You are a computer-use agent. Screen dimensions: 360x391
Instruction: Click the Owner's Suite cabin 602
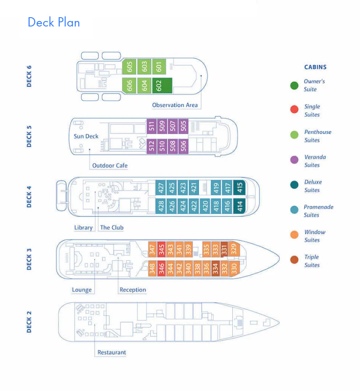point(162,86)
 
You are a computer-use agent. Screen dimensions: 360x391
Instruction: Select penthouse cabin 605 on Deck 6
point(129,67)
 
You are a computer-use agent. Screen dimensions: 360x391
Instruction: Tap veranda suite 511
point(151,126)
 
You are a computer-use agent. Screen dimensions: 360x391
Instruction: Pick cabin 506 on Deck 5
point(184,146)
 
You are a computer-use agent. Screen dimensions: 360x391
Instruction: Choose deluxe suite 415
point(239,187)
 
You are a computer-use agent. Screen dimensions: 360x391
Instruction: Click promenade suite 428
point(161,206)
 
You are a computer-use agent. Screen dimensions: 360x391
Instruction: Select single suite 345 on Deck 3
point(161,249)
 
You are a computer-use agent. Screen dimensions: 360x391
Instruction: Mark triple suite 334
point(215,268)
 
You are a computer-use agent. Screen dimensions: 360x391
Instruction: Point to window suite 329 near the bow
point(234,249)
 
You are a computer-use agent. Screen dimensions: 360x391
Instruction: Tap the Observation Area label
point(175,105)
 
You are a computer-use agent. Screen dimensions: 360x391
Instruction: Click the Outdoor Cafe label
point(110,165)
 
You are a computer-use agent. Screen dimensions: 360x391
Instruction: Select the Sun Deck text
point(86,136)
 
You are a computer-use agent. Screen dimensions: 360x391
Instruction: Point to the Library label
point(83,228)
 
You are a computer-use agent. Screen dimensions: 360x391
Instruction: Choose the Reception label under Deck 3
point(133,290)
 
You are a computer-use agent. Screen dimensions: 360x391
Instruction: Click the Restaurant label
point(111,352)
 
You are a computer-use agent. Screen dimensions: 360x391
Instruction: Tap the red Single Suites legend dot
point(294,109)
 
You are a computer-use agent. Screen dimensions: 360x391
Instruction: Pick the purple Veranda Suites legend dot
point(294,160)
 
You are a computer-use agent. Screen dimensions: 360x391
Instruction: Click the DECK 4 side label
point(29,197)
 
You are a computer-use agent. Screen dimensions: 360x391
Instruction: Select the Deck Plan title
point(54,22)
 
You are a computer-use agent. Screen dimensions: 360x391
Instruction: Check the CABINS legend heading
point(315,67)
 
